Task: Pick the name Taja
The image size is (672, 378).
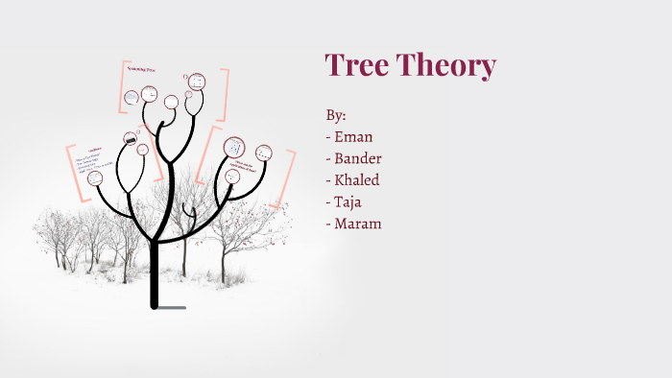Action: click(348, 202)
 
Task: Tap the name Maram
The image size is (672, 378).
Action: click(357, 224)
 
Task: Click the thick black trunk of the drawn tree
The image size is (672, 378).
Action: click(154, 273)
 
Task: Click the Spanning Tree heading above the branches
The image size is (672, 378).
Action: click(144, 69)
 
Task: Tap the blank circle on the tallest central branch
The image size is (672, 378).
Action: click(171, 102)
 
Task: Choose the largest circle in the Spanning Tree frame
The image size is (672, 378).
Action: click(197, 83)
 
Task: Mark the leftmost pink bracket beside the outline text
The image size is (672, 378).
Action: click(70, 172)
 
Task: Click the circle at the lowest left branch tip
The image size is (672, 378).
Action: click(95, 178)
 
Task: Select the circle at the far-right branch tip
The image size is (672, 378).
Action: click(263, 153)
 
